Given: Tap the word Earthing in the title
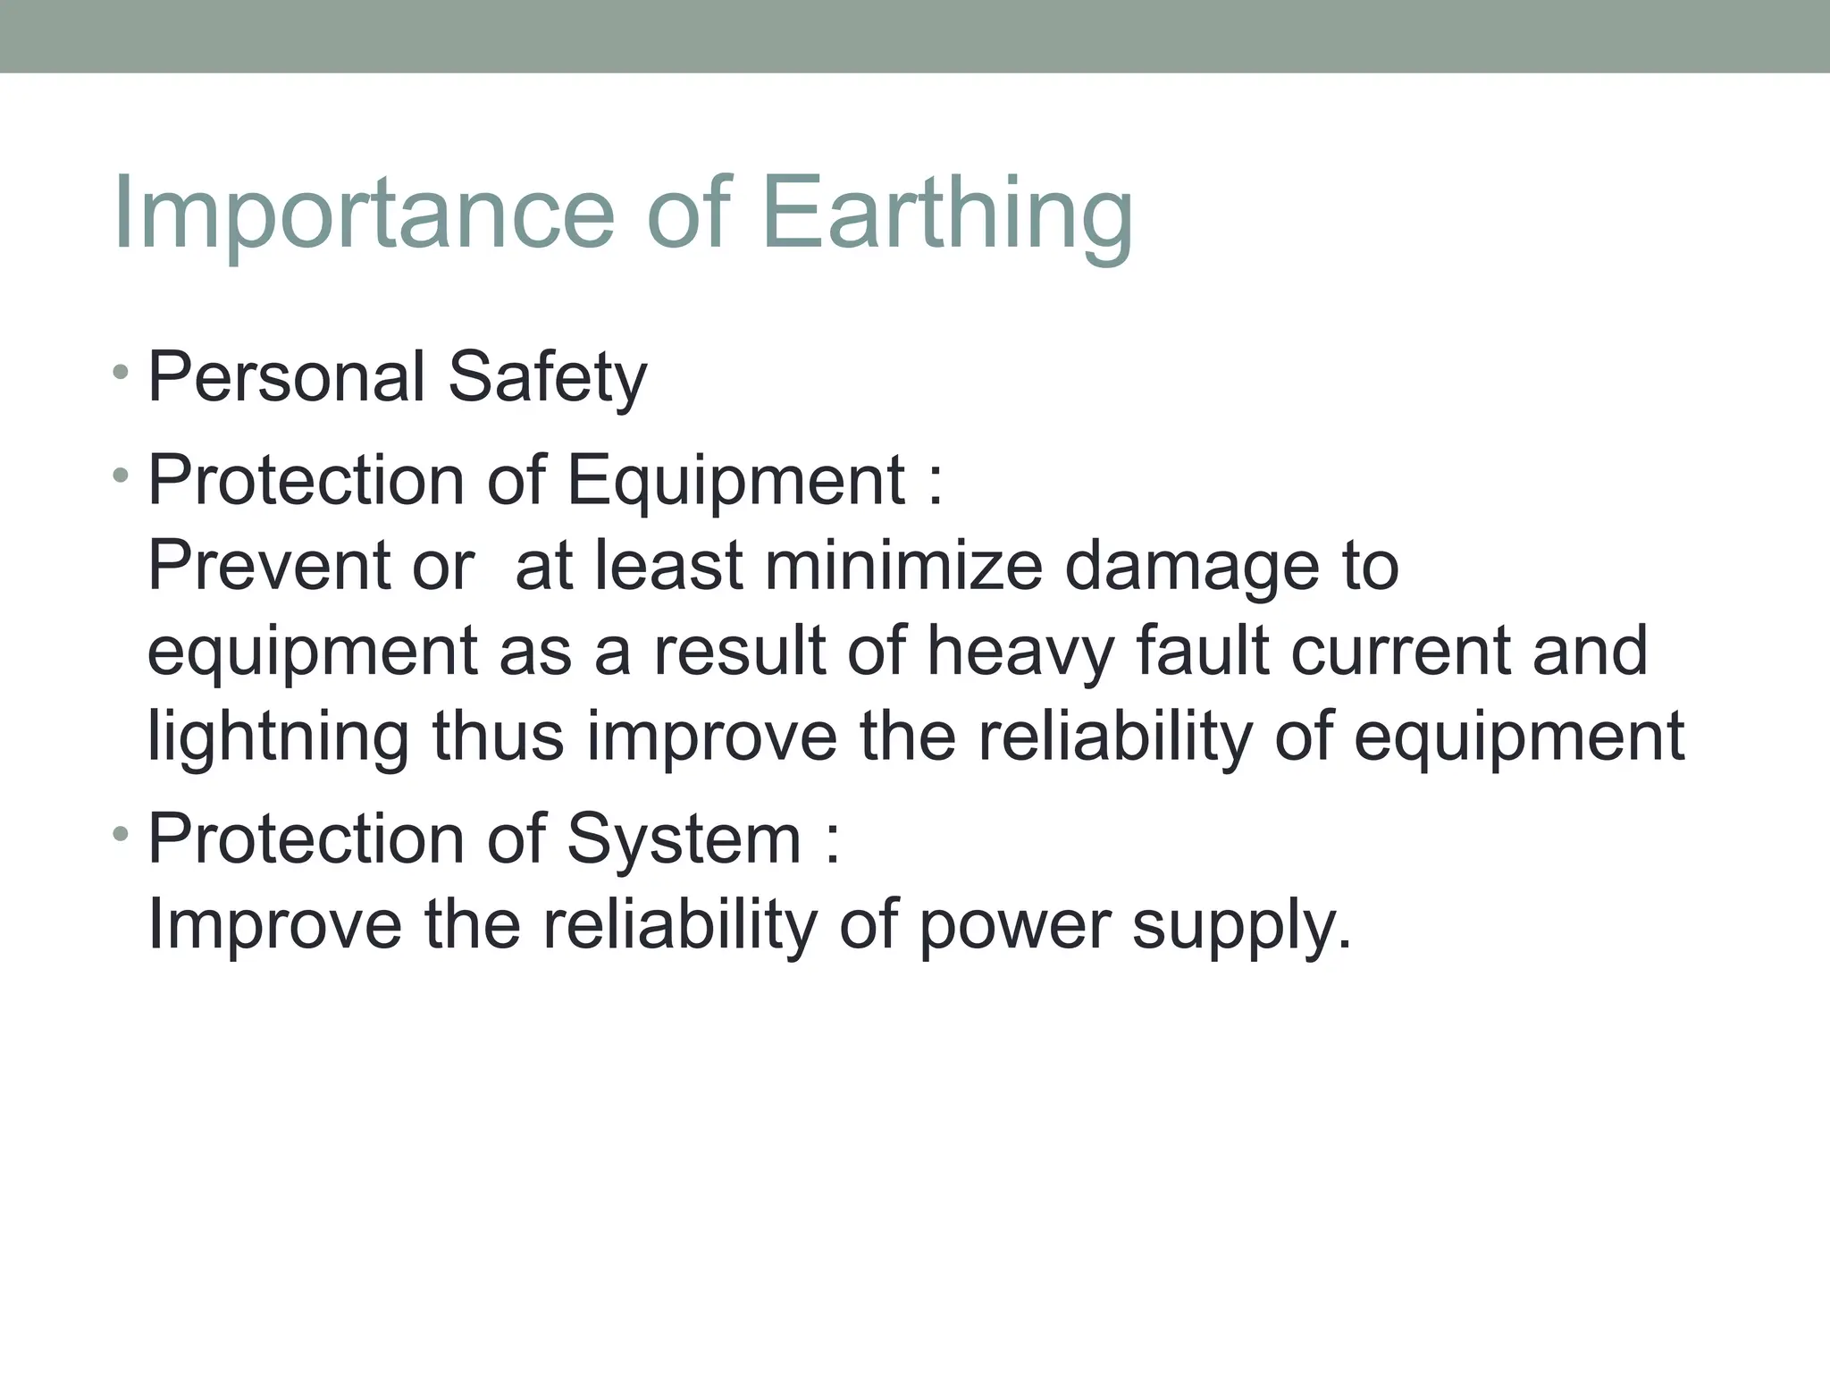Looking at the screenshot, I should point(947,215).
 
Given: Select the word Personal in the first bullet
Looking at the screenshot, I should point(286,376).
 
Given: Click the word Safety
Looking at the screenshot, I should point(547,378).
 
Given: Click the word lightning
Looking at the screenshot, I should point(278,738).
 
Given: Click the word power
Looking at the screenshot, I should point(1014,926).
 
